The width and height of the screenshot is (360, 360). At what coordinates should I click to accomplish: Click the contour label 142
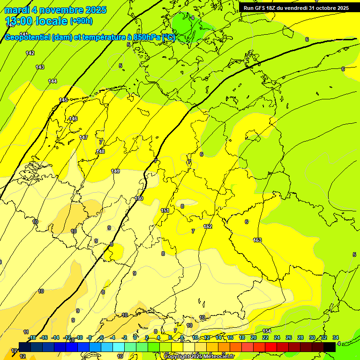coord(30,53)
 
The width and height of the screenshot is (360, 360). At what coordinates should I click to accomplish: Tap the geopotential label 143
coord(40,67)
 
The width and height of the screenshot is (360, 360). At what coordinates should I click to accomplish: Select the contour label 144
coord(52,81)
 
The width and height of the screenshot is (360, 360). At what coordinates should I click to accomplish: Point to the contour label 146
coord(73,119)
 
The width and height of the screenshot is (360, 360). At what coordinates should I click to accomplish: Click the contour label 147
coord(83,137)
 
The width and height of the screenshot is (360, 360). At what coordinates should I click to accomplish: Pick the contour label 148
coord(100,151)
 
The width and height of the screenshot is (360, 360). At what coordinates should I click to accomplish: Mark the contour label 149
coord(115,171)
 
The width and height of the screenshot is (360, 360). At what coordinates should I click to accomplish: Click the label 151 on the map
coord(165,210)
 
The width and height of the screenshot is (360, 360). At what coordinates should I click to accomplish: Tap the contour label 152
coord(208,226)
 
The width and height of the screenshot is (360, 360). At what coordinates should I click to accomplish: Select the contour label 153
coord(257,240)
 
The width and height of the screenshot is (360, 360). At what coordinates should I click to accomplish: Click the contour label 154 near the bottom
coord(266,331)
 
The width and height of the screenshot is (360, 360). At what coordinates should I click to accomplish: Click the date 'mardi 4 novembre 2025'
coord(55,10)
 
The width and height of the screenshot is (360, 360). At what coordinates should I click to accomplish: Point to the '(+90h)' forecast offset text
coord(81,21)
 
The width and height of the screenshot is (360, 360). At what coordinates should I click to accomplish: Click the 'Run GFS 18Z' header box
coord(296,8)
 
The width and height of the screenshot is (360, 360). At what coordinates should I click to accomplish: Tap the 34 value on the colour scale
coord(335,337)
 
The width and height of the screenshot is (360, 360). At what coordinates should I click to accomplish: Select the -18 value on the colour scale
coord(32,337)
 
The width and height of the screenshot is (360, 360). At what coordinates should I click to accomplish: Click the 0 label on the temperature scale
coord(135,337)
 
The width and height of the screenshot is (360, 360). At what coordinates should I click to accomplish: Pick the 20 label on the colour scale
coord(253,337)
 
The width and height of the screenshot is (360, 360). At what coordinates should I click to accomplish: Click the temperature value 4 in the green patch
coord(193,18)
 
